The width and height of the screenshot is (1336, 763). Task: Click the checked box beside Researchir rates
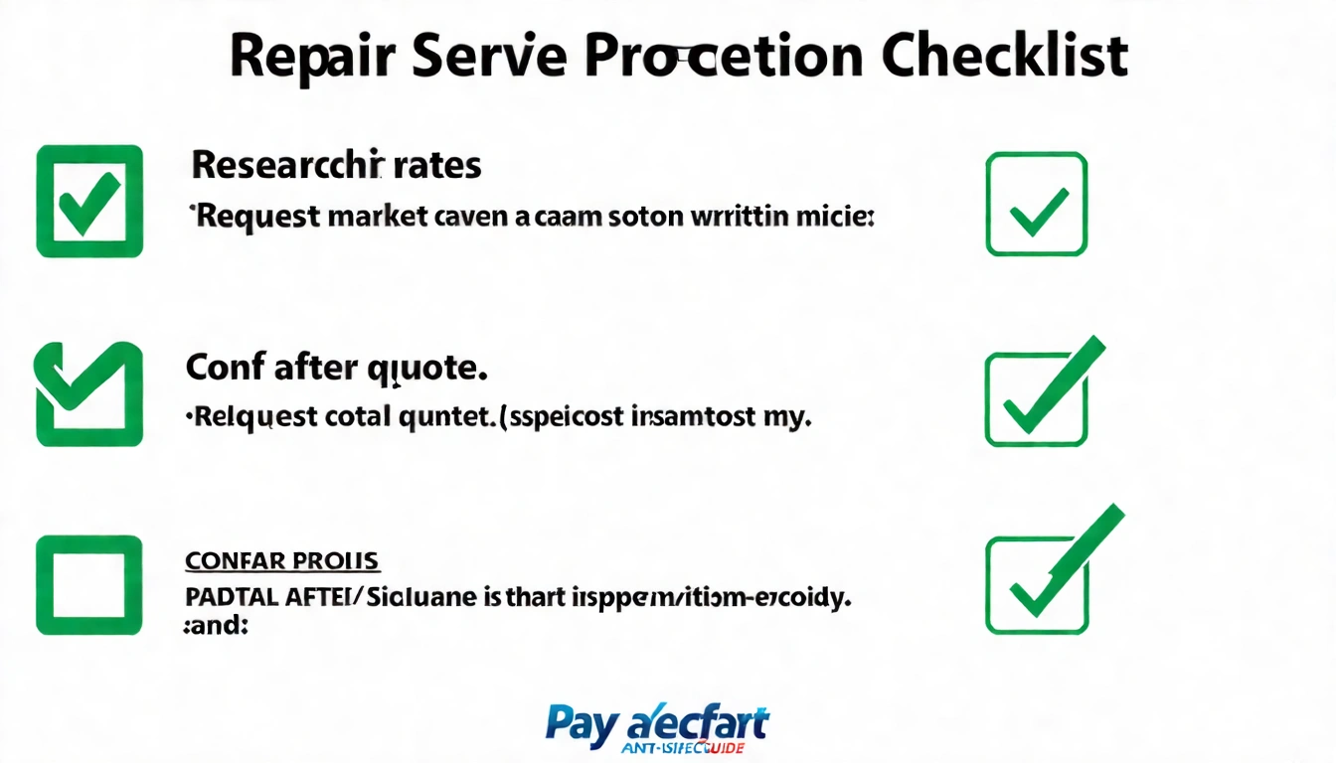tap(89, 201)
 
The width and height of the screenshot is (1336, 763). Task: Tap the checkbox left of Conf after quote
tap(89, 394)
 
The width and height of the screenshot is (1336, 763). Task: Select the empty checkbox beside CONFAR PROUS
tap(89, 585)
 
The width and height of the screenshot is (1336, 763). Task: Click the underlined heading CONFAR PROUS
tap(281, 560)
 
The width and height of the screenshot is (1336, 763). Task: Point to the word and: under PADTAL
tap(215, 627)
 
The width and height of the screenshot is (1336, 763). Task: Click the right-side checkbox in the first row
tap(1036, 204)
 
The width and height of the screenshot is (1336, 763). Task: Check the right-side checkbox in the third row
tap(1036, 585)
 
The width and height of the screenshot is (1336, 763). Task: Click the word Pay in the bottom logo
tap(580, 725)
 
